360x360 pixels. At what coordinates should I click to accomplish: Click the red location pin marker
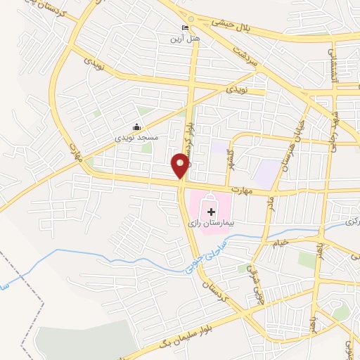(x=181, y=165)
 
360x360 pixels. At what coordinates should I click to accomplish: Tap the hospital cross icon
(x=210, y=211)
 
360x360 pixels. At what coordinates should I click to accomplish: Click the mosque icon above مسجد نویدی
(x=136, y=127)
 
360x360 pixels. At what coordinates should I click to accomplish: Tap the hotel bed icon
(x=185, y=27)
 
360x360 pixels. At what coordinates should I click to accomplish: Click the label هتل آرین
(x=184, y=38)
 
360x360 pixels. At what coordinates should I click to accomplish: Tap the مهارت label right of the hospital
(x=243, y=190)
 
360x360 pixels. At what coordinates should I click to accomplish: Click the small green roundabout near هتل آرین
(x=190, y=19)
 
